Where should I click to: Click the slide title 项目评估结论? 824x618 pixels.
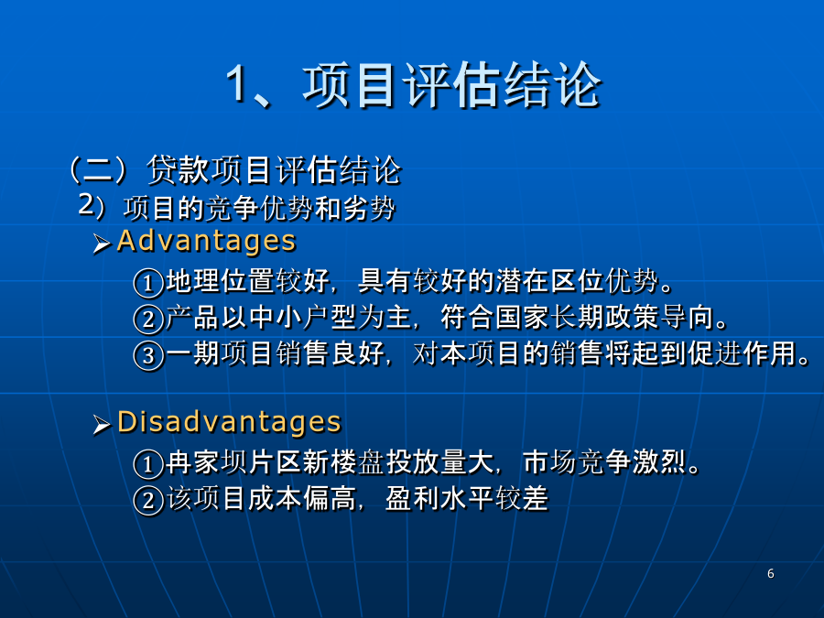pos(452,85)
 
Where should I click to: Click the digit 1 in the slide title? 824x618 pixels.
pos(237,84)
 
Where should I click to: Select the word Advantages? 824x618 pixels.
pos(207,241)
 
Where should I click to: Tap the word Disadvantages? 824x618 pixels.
pos(229,422)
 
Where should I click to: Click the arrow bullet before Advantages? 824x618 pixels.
pos(102,244)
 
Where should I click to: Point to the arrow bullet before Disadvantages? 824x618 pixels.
pos(102,424)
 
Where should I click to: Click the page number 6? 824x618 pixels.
pos(770,573)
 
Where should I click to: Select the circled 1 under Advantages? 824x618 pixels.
pos(148,283)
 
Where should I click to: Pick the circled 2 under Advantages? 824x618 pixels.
pos(148,319)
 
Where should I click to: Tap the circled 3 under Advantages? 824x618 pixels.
pos(148,355)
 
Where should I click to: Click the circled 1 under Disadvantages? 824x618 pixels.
pos(148,464)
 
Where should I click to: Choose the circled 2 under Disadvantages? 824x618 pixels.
pos(148,500)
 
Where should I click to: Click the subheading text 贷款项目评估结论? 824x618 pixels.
pos(274,169)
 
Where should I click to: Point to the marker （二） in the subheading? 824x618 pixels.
pos(99,169)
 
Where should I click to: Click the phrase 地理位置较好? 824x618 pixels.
pos(247,281)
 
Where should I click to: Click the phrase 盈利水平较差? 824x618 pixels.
pos(467,498)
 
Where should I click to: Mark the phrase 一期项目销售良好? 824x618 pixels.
pos(276,352)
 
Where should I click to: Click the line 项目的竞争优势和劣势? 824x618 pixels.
pos(259,208)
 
